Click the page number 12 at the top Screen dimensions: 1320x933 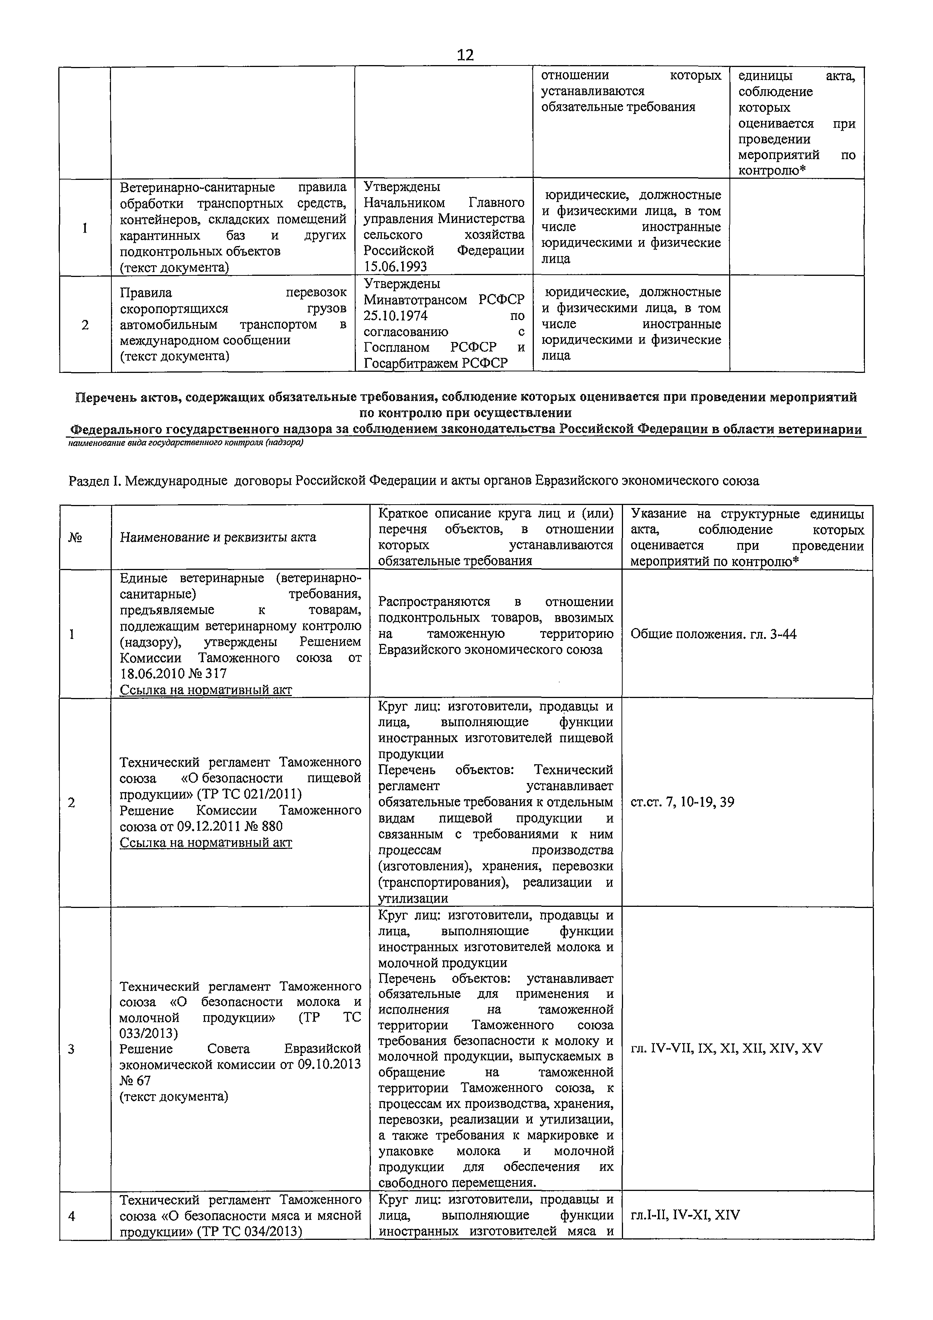[465, 55]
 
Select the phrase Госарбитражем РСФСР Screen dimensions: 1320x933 [436, 363]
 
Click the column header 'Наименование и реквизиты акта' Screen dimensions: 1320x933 [218, 537]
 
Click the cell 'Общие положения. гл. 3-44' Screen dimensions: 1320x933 [713, 634]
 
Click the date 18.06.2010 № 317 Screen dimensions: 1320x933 [173, 673]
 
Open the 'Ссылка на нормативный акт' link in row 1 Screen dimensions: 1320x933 [206, 689]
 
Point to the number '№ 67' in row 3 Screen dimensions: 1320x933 [135, 1080]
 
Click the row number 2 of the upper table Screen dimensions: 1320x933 [85, 325]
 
